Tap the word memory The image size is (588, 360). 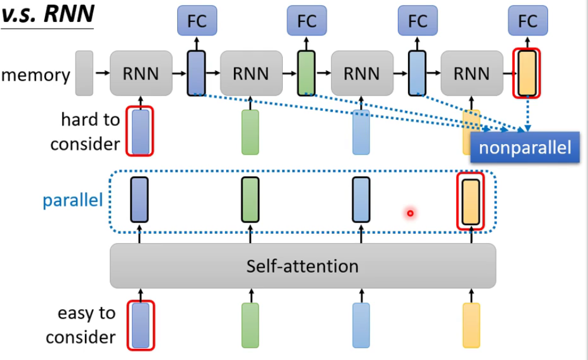[36, 75]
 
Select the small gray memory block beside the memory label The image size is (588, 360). [84, 73]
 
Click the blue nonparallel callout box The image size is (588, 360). [525, 147]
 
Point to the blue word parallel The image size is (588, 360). [73, 201]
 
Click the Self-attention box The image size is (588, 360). [302, 266]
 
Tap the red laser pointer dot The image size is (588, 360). [410, 212]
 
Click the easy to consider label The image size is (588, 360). [81, 325]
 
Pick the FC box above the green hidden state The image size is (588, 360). [307, 21]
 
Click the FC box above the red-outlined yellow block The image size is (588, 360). [528, 21]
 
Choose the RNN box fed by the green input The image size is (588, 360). [251, 73]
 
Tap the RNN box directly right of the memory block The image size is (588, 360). [141, 73]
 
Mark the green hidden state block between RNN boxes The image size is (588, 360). [306, 73]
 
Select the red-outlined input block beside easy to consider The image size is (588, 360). [141, 325]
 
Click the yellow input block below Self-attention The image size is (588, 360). [471, 325]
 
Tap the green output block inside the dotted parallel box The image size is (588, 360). [250, 200]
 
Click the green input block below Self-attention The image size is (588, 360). [250, 325]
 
